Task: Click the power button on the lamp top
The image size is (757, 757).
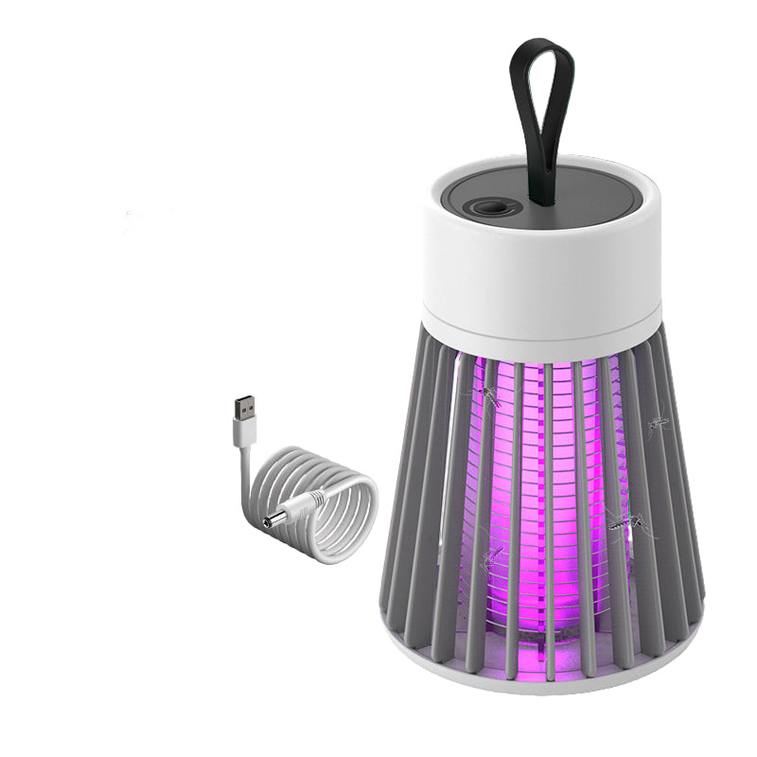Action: pos(488,183)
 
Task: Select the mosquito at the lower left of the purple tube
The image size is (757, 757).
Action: pos(491,557)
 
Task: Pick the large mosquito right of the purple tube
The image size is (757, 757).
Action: pos(630,525)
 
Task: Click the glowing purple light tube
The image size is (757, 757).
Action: pos(539,492)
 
